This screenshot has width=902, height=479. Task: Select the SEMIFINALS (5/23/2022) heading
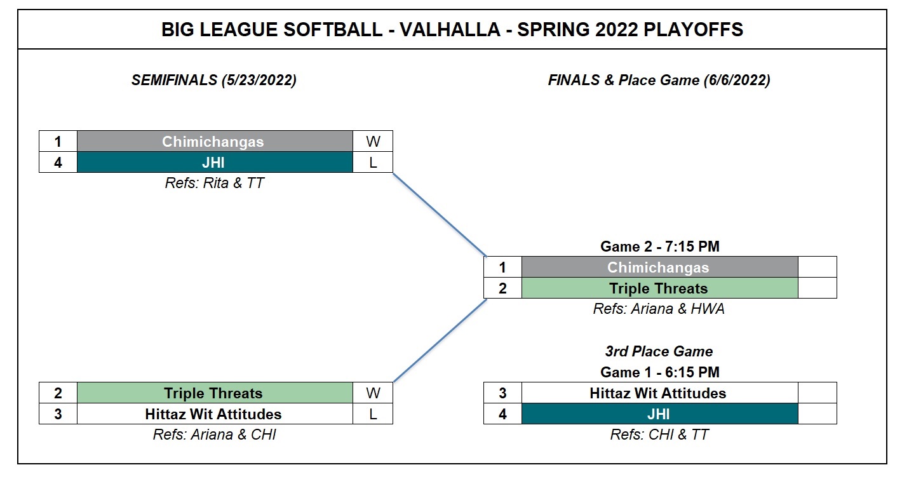coord(214,80)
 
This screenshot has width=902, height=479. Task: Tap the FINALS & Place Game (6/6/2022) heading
coord(659,80)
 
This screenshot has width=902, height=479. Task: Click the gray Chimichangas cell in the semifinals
coord(215,142)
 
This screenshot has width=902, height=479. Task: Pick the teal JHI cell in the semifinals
coord(215,163)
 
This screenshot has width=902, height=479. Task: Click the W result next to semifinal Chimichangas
coord(373,142)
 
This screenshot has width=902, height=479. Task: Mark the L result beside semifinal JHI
coord(373,163)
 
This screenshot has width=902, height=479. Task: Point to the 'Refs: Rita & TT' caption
coord(214,183)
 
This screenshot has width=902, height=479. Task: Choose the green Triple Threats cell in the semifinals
coord(215,393)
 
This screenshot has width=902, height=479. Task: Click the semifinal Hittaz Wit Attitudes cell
coord(215,414)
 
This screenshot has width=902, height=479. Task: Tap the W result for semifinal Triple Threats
coord(373,393)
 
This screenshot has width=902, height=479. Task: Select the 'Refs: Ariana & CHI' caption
coord(214,435)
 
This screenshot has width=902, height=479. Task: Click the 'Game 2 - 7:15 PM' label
coord(659,246)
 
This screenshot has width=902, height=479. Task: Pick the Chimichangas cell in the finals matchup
coord(659,267)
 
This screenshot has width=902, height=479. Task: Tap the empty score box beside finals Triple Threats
coord(818,288)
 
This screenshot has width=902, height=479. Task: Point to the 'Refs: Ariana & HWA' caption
coord(659,309)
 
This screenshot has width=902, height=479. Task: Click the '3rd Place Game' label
coord(659,351)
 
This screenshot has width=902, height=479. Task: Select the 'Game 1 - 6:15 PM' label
coord(659,372)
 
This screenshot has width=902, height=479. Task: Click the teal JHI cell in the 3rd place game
coord(659,414)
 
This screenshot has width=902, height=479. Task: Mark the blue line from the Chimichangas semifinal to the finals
coord(440,215)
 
